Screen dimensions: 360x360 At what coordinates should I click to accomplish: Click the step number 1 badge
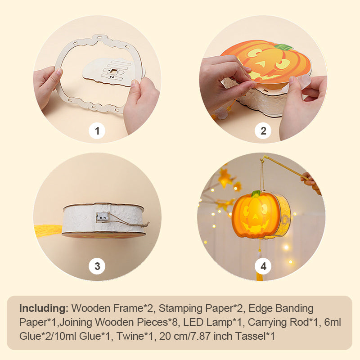tap(97, 131)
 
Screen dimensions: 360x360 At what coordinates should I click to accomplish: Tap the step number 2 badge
tap(263, 131)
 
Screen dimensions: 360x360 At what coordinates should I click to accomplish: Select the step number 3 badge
tap(97, 266)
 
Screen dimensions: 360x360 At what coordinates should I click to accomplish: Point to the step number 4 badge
tap(263, 266)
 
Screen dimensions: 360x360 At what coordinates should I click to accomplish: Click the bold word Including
tap(44, 309)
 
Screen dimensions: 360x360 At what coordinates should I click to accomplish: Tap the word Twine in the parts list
tap(131, 336)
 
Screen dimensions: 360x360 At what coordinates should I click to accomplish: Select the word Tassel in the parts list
tap(252, 336)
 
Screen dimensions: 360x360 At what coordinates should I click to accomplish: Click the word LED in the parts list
tap(193, 322)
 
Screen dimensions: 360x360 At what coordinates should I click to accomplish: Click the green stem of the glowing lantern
tap(256, 194)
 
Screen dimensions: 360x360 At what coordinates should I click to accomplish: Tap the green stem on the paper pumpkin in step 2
tap(283, 47)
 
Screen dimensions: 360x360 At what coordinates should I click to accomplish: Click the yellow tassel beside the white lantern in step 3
tap(49, 231)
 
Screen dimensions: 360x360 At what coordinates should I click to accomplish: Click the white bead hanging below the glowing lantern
tap(260, 255)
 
